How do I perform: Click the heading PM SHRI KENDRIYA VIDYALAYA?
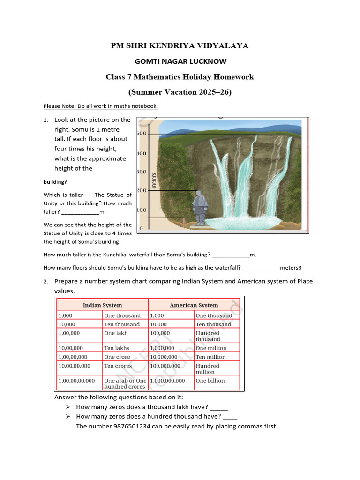pos(180,45)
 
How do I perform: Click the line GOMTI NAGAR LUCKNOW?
pos(180,61)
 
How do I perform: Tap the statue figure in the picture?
pos(200,207)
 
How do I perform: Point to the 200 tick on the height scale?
pos(141,190)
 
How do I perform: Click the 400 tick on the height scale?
pos(141,153)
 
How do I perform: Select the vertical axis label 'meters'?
pos(154,181)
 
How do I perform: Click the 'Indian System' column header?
pos(102,305)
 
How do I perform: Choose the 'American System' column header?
pos(194,305)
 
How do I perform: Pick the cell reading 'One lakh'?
pos(116,333)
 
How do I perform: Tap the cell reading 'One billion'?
pos(210,381)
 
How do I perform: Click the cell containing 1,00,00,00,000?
pos(77,381)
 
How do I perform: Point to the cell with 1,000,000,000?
pos(167,381)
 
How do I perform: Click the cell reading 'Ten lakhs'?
pos(117,348)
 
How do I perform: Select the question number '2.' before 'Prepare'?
pos(46,282)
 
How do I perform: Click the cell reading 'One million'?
pos(211,348)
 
